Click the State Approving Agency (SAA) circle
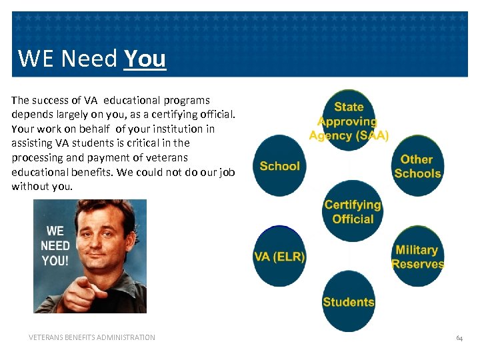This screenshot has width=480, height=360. (349, 121)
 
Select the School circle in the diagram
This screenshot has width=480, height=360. (280, 165)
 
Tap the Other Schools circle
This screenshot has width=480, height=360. (417, 166)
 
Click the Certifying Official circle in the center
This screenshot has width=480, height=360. (351, 211)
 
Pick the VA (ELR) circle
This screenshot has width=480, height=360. (279, 255)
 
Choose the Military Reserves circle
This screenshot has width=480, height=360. (417, 256)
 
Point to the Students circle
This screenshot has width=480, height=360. (349, 301)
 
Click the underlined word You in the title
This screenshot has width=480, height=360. (145, 59)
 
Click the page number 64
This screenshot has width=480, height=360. (459, 338)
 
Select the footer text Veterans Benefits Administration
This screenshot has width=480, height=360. (92, 337)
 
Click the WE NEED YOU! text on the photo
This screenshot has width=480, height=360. (55, 245)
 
